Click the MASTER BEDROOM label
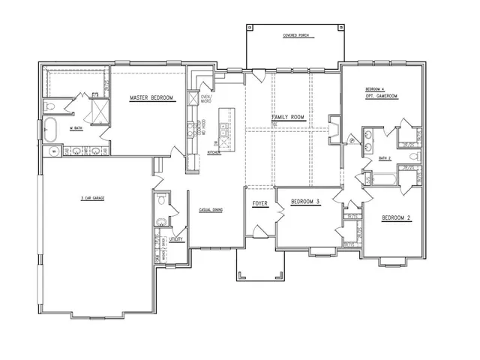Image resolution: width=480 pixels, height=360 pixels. point(151,98)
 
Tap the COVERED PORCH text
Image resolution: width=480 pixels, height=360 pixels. point(296,35)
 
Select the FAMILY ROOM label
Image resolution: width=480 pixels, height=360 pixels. point(287,118)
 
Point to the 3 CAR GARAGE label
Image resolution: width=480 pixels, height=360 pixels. point(92,198)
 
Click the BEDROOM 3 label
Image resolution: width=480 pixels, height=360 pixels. point(305,203)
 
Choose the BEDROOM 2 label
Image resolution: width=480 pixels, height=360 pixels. point(397,218)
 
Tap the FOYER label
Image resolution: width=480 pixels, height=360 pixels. point(260,203)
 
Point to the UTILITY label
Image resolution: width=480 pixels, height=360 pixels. point(176,239)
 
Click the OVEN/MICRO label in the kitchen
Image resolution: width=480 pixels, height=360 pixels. point(207,99)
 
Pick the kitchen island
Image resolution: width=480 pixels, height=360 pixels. point(223,124)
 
